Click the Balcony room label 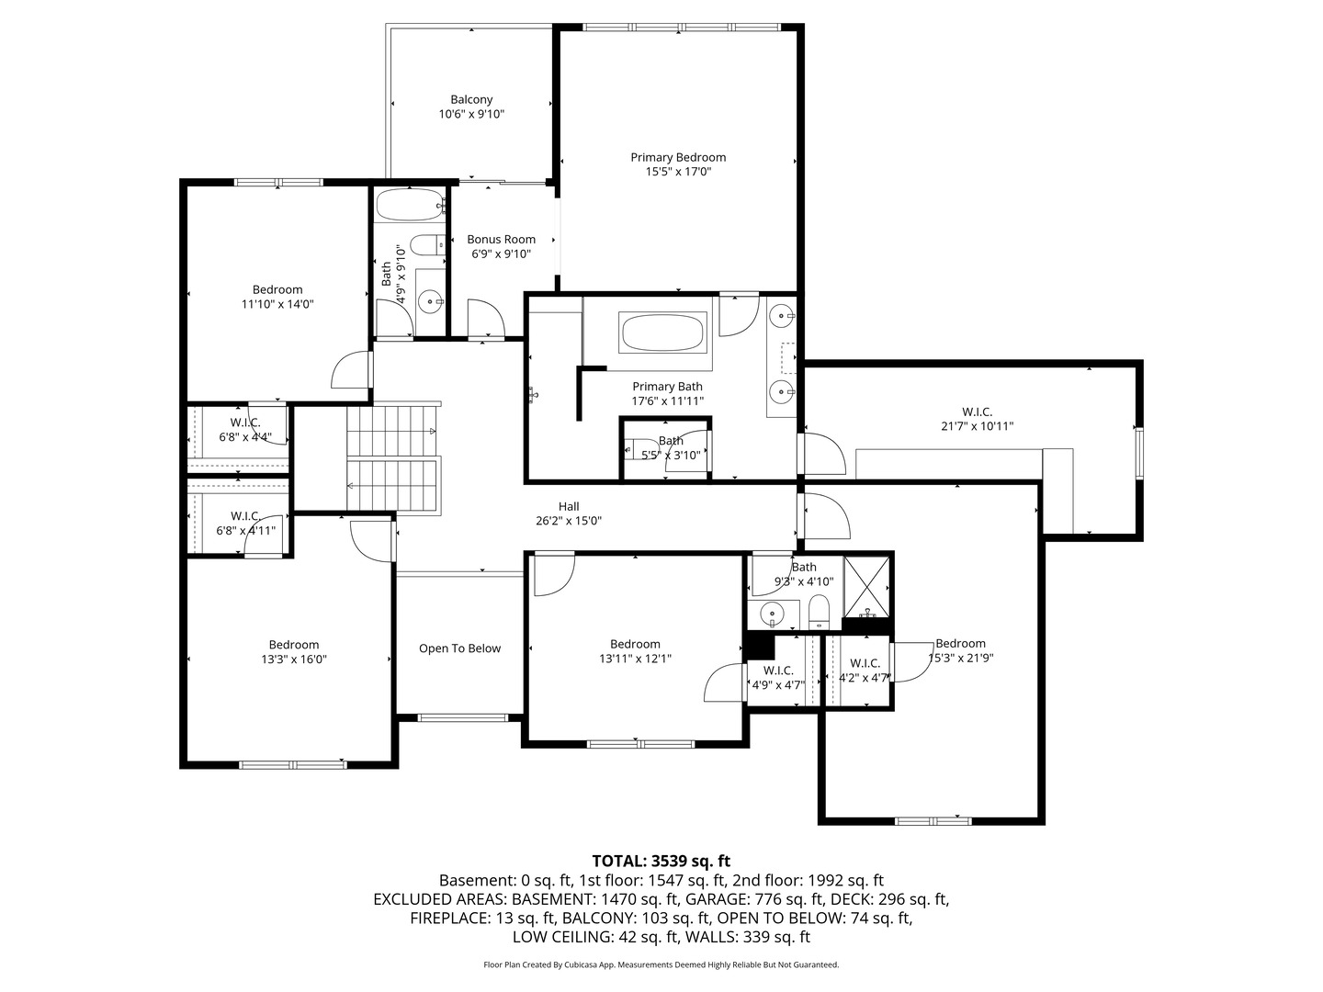pos(471,99)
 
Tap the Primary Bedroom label pos(678,157)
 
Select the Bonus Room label pos(501,239)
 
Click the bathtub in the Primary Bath pos(663,332)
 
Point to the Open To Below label pos(459,648)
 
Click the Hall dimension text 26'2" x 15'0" pos(569,521)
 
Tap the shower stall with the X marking pos(867,586)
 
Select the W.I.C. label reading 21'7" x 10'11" pos(977,411)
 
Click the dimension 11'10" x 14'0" pos(278,304)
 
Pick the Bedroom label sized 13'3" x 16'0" pos(294,645)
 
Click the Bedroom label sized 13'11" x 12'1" pos(635,644)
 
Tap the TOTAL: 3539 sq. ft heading pos(661,861)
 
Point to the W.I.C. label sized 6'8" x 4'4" pos(245,423)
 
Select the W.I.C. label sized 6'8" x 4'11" pos(245,516)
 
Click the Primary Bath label pos(667,387)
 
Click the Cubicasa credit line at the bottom pos(661,964)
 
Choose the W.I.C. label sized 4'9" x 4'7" pos(778,671)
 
